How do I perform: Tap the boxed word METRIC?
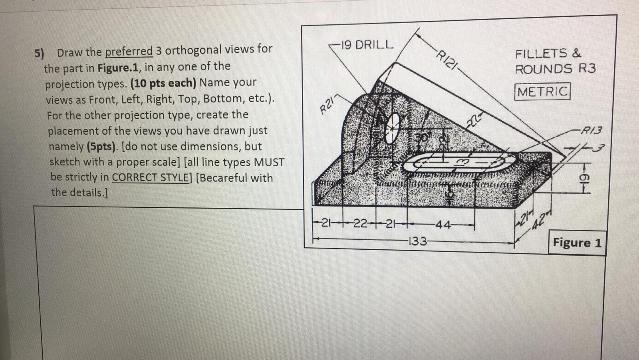click(x=542, y=91)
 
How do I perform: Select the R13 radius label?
click(x=591, y=130)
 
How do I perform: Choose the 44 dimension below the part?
click(x=443, y=225)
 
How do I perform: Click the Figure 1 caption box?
click(x=577, y=243)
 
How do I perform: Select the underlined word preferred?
click(x=129, y=51)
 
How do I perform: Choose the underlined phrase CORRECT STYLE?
click(x=151, y=177)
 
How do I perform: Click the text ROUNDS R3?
click(x=555, y=69)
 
